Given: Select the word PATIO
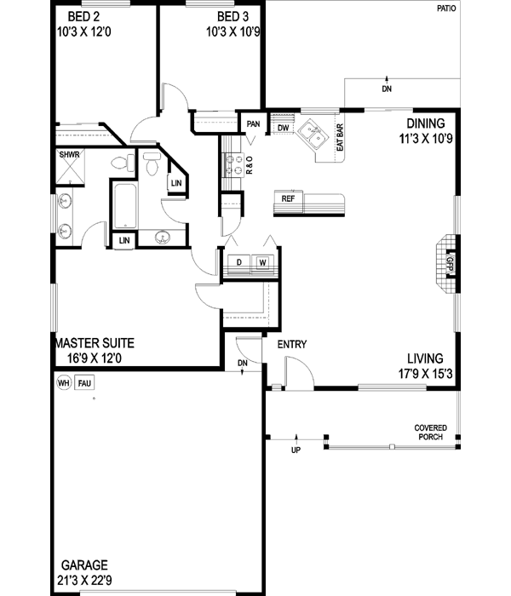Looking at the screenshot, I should point(445,11).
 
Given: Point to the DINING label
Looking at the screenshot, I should point(425,122).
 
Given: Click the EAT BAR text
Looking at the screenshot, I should point(340,138).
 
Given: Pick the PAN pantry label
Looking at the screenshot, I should point(253,124).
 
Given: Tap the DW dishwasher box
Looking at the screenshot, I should point(283,128).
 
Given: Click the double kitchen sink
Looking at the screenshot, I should point(312,134).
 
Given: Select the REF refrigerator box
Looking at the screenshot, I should point(288,198).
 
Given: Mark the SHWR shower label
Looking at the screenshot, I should point(70,156).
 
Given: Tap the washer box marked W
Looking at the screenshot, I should point(262,262).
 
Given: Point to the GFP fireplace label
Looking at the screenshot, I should point(450,263).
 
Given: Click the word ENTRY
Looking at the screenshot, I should point(292,344).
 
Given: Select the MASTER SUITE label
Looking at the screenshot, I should point(94,344).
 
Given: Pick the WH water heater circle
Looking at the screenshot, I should point(63,383).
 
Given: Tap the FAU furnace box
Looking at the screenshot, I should point(84,383).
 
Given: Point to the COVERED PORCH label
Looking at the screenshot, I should point(429,433).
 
